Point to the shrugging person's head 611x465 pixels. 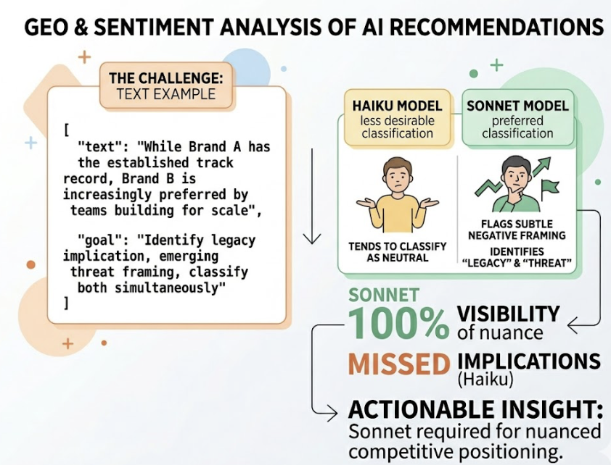[x=395, y=173]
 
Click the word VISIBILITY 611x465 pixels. [x=508, y=314]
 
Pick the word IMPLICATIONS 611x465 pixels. [x=529, y=361]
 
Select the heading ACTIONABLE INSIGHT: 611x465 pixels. [x=475, y=409]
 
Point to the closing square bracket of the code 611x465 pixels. [x=67, y=303]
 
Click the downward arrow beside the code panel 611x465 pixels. [x=312, y=196]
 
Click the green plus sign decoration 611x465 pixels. [x=496, y=66]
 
